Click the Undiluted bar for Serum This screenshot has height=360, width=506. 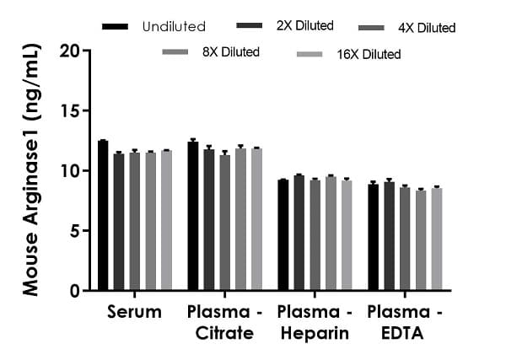point(103,216)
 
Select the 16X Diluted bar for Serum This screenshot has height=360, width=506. point(167,220)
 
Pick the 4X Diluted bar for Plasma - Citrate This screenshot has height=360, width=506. point(225,223)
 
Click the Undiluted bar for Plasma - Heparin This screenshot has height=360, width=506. point(283,235)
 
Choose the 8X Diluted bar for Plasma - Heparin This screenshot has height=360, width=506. point(331,234)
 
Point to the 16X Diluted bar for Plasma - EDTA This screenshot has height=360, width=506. point(437,239)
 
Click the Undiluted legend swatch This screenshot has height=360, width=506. point(115,27)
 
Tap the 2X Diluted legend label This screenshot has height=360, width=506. point(304,26)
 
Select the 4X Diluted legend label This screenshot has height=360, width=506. point(426,28)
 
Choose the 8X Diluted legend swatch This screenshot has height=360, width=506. point(175,53)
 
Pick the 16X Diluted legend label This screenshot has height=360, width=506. point(371,55)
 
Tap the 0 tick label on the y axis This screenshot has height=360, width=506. point(76,291)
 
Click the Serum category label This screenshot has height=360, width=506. point(135,313)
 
